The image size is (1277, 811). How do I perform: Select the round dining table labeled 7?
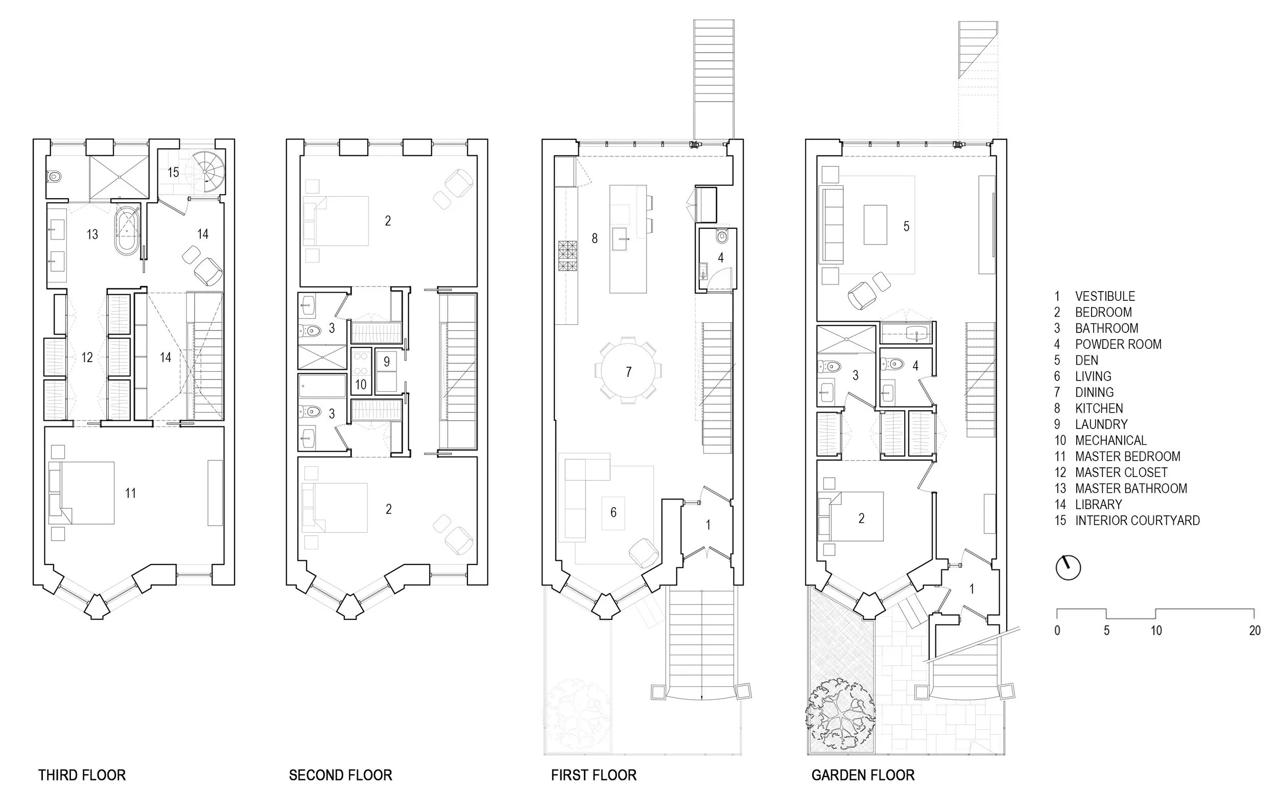pyautogui.click(x=628, y=371)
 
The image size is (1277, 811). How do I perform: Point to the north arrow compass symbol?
pyautogui.click(x=1068, y=567)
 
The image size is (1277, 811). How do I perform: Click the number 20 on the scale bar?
pyautogui.click(x=1254, y=630)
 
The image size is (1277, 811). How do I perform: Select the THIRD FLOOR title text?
pyautogui.click(x=82, y=775)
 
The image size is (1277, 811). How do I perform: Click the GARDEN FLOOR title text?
pyautogui.click(x=863, y=775)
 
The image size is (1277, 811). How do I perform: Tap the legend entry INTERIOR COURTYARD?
pyautogui.click(x=1137, y=520)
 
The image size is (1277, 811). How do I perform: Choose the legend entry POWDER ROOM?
pyautogui.click(x=1118, y=344)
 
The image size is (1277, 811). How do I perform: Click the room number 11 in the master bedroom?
pyautogui.click(x=130, y=493)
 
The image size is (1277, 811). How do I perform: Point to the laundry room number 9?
pyautogui.click(x=387, y=362)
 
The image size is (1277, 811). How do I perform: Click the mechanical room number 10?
pyautogui.click(x=361, y=384)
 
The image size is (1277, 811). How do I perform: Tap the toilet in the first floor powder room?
pyautogui.click(x=721, y=236)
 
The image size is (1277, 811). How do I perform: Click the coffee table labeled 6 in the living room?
pyautogui.click(x=613, y=512)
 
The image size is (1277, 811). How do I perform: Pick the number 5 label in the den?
pyautogui.click(x=906, y=226)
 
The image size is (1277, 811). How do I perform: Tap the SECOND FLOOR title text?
pyautogui.click(x=341, y=775)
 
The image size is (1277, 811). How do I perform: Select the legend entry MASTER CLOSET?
pyautogui.click(x=1121, y=472)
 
